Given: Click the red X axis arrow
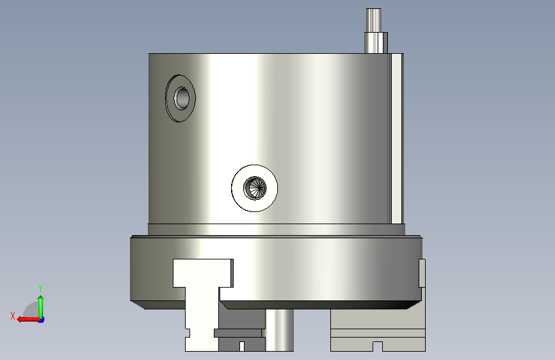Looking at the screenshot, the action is click(29, 319).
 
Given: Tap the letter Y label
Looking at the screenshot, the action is click(40, 288).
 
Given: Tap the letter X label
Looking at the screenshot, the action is click(13, 316).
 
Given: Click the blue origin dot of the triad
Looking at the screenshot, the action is click(42, 320).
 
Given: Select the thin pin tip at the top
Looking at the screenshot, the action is click(373, 20).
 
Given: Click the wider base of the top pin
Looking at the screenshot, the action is click(376, 43).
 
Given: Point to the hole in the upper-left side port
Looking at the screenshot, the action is click(182, 98).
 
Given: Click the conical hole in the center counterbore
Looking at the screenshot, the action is click(255, 188).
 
